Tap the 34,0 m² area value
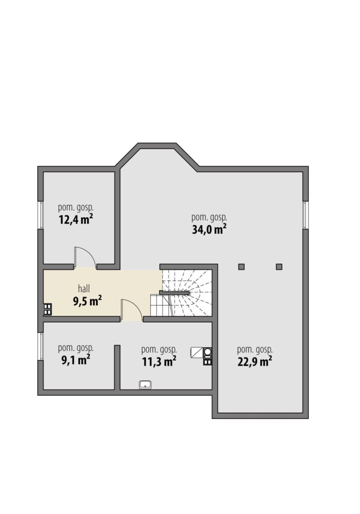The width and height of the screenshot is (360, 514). [x=209, y=229]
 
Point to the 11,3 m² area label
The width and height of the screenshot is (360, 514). [x=159, y=362]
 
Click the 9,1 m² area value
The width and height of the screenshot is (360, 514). [x=76, y=360]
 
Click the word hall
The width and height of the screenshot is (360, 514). [x=84, y=289]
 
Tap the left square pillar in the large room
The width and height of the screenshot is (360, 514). [x=241, y=267]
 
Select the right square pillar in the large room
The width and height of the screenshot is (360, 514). [x=279, y=267]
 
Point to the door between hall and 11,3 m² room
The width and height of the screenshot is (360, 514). [x=132, y=310]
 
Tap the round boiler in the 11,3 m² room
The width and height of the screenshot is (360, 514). [x=208, y=353]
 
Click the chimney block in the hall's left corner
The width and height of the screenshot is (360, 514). [x=47, y=309]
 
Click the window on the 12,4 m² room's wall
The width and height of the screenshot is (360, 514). [x=41, y=215]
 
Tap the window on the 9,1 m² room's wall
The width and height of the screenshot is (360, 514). [x=41, y=346]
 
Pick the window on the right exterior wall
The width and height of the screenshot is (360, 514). [x=305, y=215]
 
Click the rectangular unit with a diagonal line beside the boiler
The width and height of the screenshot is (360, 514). [x=197, y=352]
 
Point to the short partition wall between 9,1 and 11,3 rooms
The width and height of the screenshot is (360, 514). [x=117, y=367]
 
